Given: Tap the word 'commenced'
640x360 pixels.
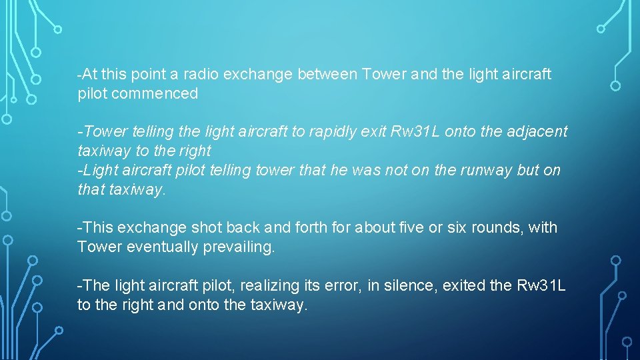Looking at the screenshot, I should tap(155, 94).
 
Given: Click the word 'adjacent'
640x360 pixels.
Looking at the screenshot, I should tap(535, 132).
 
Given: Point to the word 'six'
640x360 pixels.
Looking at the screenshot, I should tap(459, 228).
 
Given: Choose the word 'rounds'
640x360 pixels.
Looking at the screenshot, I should tap(500, 228).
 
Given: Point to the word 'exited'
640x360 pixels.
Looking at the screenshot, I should tap(465, 286).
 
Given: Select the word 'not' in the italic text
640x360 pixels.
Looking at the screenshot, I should tap(393, 170).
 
